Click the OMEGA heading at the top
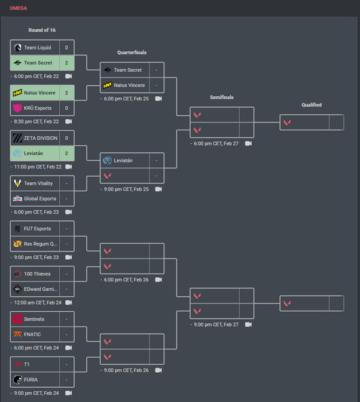click(19, 8)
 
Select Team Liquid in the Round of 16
click(37, 48)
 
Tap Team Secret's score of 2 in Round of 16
click(66, 63)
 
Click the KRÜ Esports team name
click(38, 108)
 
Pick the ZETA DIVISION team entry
click(40, 138)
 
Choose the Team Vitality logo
click(17, 183)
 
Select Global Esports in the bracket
click(40, 199)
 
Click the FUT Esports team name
click(37, 229)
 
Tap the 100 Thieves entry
click(37, 274)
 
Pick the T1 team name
click(28, 364)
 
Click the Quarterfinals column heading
click(132, 53)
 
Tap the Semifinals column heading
click(222, 97)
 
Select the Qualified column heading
click(312, 105)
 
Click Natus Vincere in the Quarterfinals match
click(129, 85)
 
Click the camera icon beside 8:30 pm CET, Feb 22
click(69, 121)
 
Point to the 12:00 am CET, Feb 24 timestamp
click(38, 302)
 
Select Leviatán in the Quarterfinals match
click(123, 161)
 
